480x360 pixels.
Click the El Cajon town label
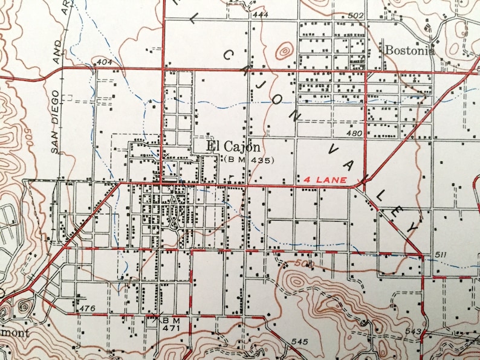233,147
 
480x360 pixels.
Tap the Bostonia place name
408,50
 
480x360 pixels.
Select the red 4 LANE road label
326,180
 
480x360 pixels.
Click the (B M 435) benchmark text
249,160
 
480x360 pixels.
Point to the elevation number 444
260,14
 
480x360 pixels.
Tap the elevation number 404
104,62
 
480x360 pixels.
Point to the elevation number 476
87,309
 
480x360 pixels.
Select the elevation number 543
413,332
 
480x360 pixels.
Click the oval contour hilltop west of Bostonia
284,51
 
